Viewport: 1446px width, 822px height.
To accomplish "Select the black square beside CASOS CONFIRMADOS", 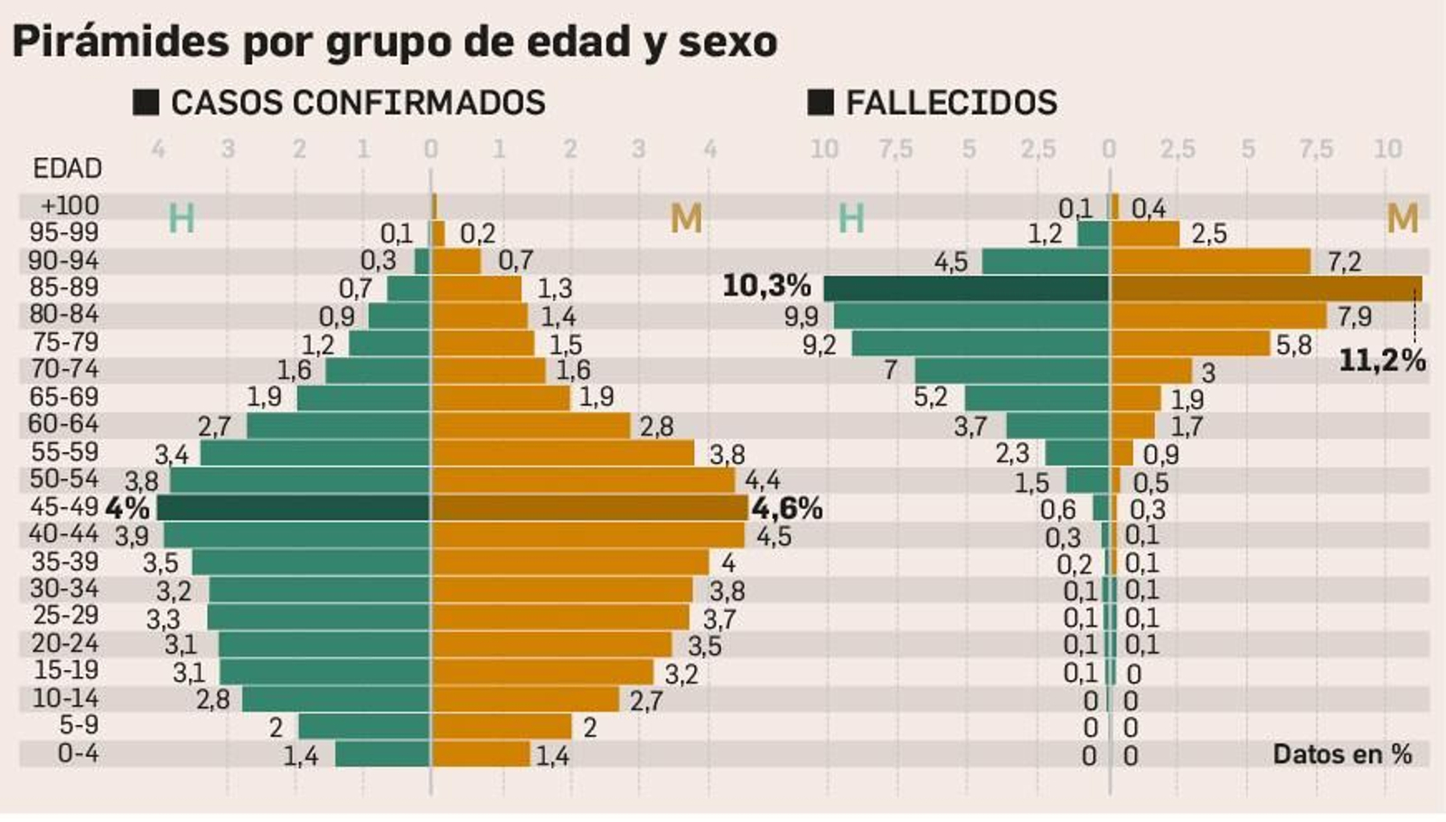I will [x=146, y=102].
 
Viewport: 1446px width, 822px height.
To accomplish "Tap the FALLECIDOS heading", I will [x=951, y=102].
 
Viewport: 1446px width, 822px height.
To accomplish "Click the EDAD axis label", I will [x=67, y=168].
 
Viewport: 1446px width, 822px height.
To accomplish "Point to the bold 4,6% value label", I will [x=787, y=508].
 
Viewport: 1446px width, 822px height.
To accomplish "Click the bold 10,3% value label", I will [x=766, y=287].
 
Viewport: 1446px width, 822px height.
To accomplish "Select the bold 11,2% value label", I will [x=1381, y=361].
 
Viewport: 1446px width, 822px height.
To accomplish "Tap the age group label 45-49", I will [x=63, y=506].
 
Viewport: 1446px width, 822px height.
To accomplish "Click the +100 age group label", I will [x=70, y=206].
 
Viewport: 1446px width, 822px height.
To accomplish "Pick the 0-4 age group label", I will [x=78, y=753].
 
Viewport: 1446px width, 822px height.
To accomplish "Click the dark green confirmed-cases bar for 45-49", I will [x=294, y=508].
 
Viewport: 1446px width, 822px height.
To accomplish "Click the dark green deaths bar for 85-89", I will [x=967, y=288].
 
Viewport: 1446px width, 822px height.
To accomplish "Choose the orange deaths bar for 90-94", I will [x=1210, y=261].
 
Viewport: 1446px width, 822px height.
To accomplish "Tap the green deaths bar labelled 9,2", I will [x=981, y=344].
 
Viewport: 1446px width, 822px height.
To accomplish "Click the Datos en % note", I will [x=1342, y=754].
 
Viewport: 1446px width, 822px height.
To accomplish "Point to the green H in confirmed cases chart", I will [x=182, y=219].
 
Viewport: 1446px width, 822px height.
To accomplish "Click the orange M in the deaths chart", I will [x=1402, y=219].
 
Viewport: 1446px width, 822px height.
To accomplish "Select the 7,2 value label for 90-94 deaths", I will [x=1344, y=262].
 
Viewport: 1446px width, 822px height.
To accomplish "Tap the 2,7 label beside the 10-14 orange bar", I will [x=646, y=701].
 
